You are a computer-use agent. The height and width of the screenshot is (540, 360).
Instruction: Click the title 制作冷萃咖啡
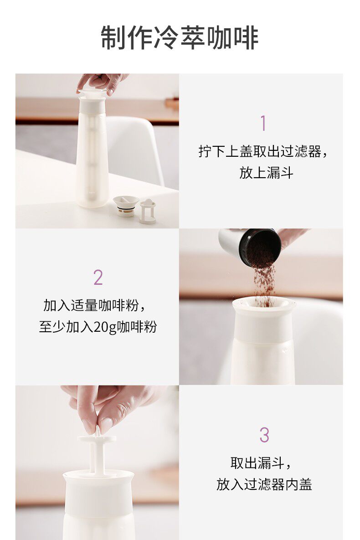(180, 37)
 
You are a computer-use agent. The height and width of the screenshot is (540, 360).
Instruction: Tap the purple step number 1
(263, 123)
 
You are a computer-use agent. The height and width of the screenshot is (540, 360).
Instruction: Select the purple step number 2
(98, 277)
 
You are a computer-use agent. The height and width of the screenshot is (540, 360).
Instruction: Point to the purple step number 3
(264, 435)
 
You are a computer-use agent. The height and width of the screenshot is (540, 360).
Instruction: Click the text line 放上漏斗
(266, 173)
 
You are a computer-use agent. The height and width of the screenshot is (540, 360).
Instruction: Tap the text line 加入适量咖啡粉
(91, 305)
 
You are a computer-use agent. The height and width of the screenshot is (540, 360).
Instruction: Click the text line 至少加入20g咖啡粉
(98, 327)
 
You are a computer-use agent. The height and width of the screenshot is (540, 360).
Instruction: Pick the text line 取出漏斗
(257, 463)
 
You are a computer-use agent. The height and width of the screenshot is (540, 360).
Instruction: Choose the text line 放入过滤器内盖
(264, 484)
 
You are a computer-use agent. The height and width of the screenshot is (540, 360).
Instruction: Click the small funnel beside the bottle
(126, 206)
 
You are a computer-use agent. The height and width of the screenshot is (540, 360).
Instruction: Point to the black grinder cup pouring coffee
(251, 247)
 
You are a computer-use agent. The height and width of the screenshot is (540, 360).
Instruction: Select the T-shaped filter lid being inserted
(97, 451)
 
